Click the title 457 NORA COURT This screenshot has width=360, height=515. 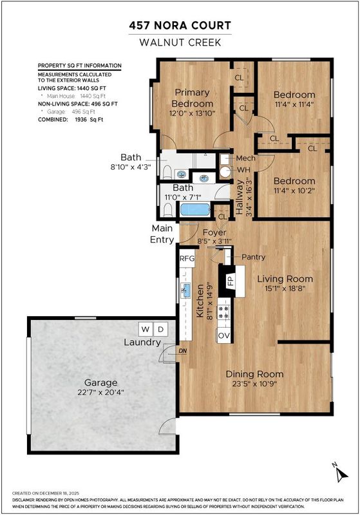180,26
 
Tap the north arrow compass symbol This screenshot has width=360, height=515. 341,473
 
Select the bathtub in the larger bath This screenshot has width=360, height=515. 195,210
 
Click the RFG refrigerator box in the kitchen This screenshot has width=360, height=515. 187,259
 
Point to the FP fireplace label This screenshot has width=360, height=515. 231,281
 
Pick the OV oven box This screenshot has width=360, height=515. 224,335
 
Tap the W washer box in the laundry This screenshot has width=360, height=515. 146,329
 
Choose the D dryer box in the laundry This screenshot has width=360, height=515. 160,329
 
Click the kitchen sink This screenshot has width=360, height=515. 185,290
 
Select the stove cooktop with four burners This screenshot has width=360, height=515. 224,312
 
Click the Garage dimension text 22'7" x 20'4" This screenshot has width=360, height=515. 101,392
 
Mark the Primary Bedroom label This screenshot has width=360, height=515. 192,98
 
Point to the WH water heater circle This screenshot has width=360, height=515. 225,172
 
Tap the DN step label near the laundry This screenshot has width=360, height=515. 183,351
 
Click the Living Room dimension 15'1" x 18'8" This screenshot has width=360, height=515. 285,288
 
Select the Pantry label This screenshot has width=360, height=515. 253,257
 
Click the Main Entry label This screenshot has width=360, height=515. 162,234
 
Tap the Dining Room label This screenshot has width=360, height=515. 254,374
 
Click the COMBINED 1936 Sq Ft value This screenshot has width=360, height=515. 89,120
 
